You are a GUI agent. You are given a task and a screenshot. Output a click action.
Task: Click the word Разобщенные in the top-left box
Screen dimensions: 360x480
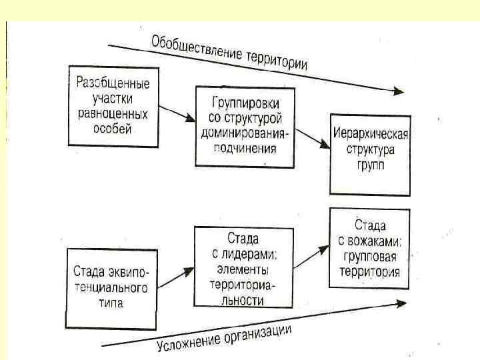113,84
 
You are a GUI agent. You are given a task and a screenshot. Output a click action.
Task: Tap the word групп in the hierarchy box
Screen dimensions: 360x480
371,164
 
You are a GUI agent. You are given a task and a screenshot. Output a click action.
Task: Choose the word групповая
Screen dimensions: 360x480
371,257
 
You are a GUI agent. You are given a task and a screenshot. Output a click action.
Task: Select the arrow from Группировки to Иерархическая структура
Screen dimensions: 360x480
312,139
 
